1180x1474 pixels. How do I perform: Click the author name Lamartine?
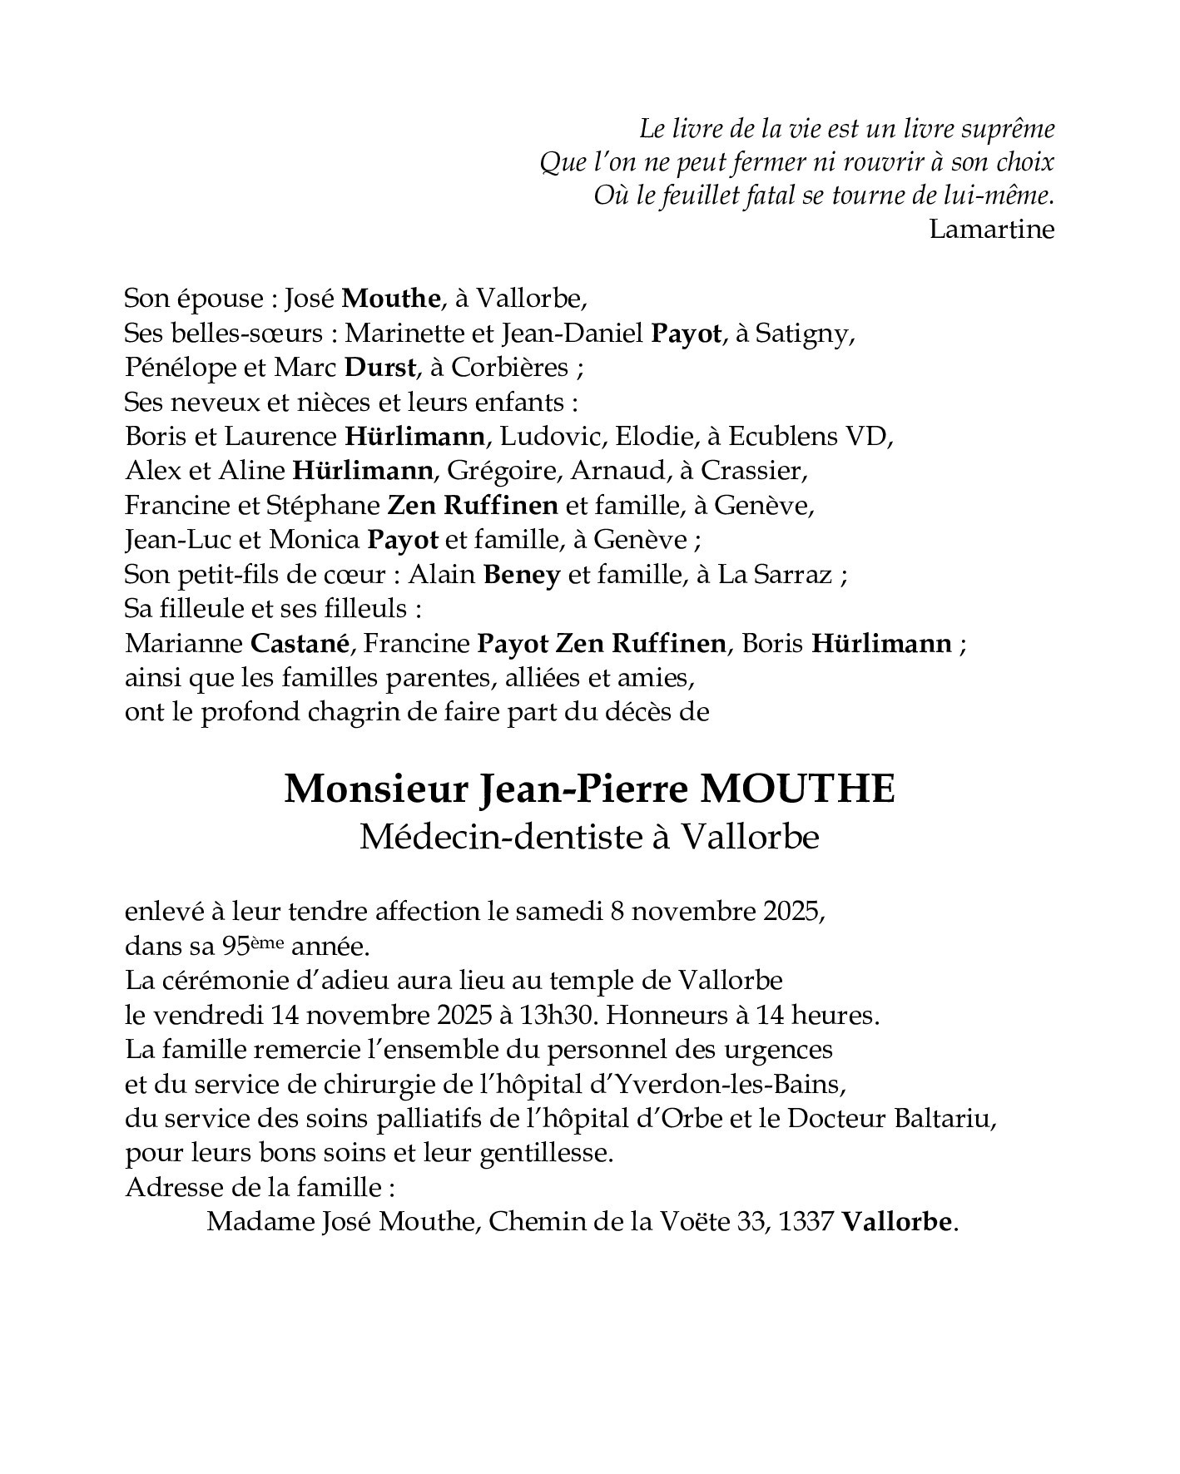(x=991, y=229)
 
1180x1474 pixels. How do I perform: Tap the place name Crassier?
(x=752, y=471)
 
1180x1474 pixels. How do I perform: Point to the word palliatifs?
(x=423, y=1119)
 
